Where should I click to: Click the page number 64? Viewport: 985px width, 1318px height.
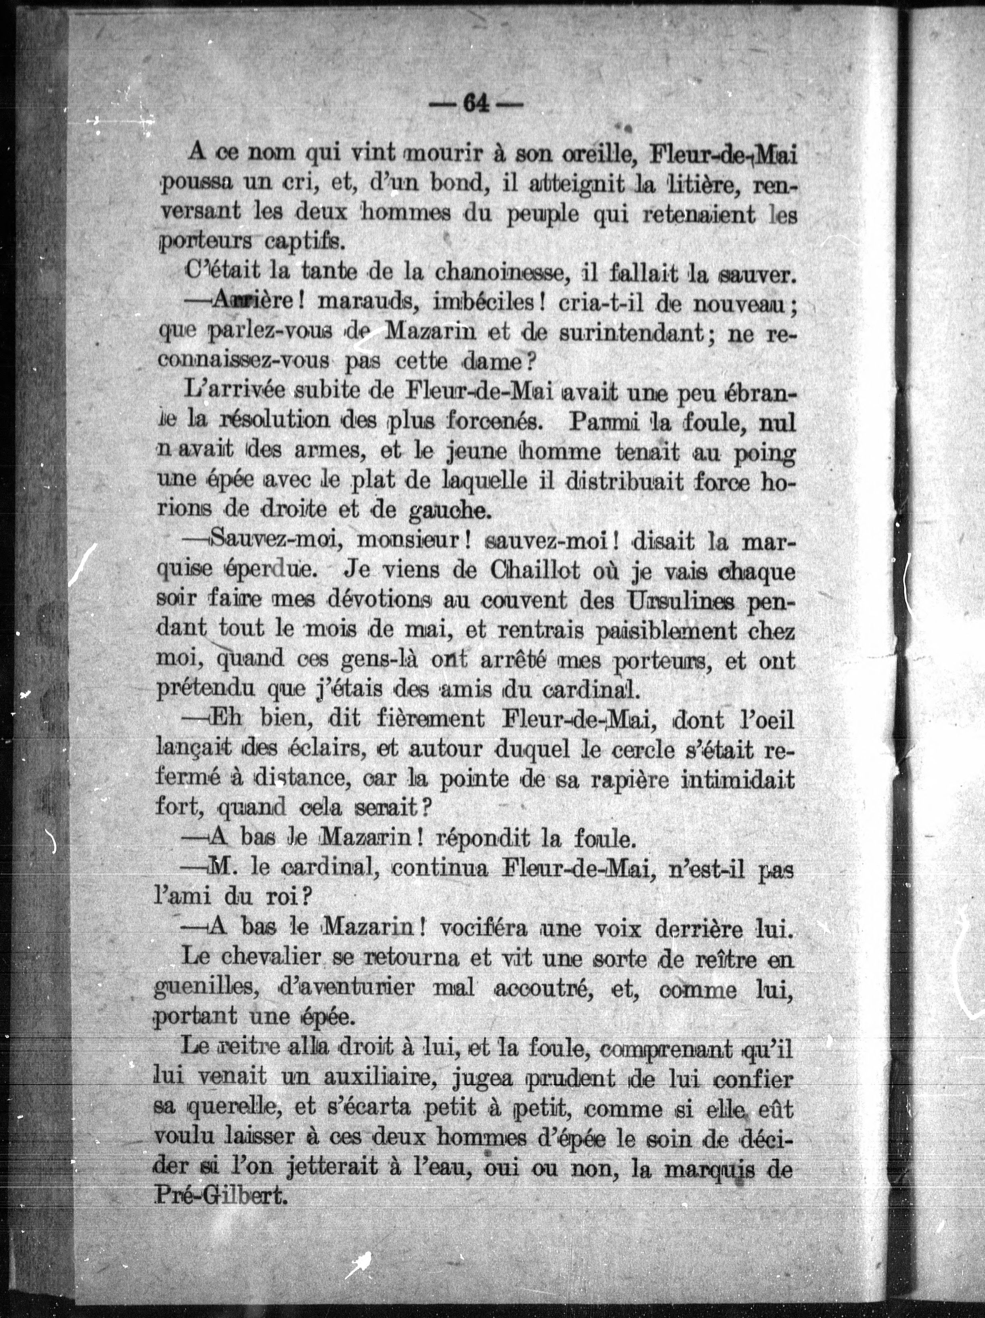(475, 105)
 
